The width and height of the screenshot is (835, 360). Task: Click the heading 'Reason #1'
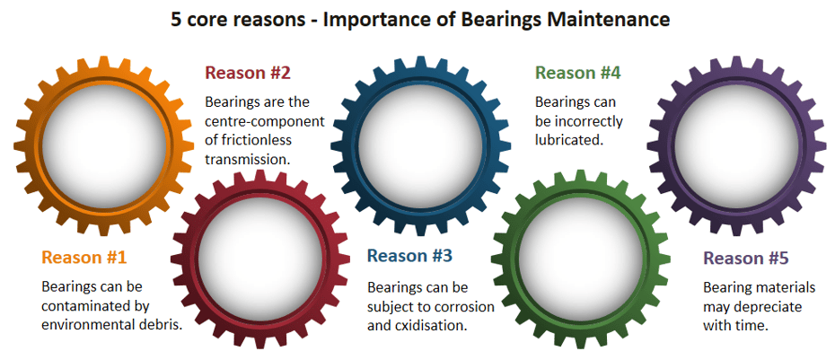click(83, 258)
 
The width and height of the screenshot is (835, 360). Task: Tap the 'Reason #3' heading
click(409, 256)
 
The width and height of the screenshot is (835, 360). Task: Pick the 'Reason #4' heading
click(576, 73)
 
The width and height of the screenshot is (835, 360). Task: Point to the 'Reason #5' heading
click(745, 259)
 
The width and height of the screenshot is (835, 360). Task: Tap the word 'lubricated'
click(568, 140)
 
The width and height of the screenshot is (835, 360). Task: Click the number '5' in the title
click(177, 19)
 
